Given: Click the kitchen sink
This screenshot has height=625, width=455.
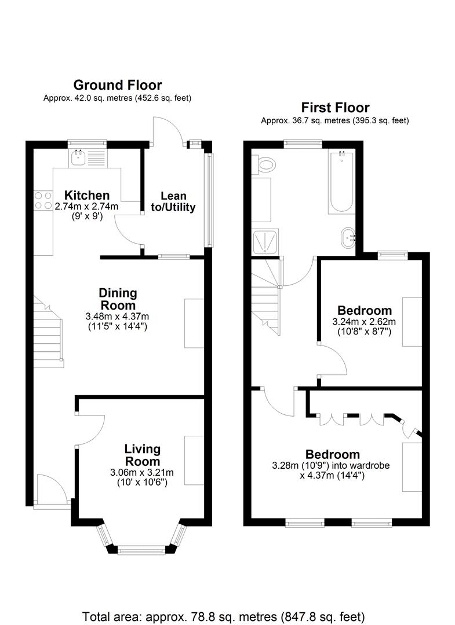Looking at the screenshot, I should (78, 157).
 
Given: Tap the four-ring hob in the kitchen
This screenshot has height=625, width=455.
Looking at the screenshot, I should (42, 200).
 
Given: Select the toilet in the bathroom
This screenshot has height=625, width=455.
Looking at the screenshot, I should (266, 166).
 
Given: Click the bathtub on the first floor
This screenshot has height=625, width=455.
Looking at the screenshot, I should (340, 182).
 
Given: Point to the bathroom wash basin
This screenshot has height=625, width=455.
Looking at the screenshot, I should (349, 237).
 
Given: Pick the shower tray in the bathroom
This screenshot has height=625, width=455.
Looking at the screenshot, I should (264, 242).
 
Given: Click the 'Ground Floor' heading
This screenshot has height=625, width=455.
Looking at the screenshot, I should (117, 86).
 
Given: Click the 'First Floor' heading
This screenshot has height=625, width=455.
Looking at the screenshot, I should (335, 108).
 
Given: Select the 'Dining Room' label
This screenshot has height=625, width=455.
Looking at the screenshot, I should (117, 299).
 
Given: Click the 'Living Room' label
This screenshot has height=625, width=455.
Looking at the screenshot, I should (142, 455).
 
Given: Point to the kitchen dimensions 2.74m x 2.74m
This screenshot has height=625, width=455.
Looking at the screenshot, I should (86, 207).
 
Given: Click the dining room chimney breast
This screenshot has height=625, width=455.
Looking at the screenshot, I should (194, 315).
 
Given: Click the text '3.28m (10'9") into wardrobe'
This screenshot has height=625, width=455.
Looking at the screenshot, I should (331, 465).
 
